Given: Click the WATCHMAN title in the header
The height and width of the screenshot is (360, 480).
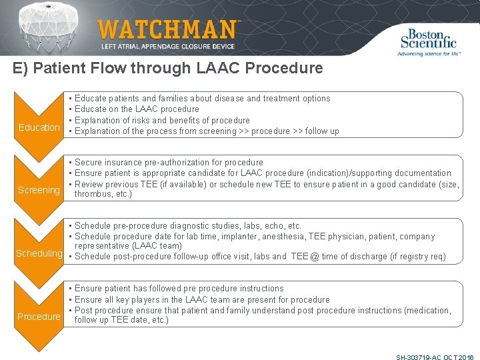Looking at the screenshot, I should pyautogui.click(x=167, y=29).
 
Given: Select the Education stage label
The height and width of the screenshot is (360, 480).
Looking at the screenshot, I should pyautogui.click(x=39, y=127).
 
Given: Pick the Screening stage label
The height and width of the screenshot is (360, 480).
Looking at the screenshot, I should pyautogui.click(x=39, y=190).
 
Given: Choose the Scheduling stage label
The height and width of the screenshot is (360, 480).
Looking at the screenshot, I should pyautogui.click(x=39, y=253).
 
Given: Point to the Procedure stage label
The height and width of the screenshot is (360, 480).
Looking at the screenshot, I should pyautogui.click(x=39, y=317).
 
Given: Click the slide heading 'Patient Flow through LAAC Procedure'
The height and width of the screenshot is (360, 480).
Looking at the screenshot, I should pyautogui.click(x=167, y=68).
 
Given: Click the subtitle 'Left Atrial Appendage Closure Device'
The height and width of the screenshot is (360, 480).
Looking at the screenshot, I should pyautogui.click(x=167, y=47).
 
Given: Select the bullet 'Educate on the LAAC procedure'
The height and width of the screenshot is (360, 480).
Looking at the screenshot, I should pyautogui.click(x=137, y=109).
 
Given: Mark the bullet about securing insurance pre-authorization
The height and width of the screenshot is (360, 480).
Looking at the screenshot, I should pyautogui.click(x=169, y=163).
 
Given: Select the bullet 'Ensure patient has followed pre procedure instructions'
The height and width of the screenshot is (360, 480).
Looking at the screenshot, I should pyautogui.click(x=179, y=289).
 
